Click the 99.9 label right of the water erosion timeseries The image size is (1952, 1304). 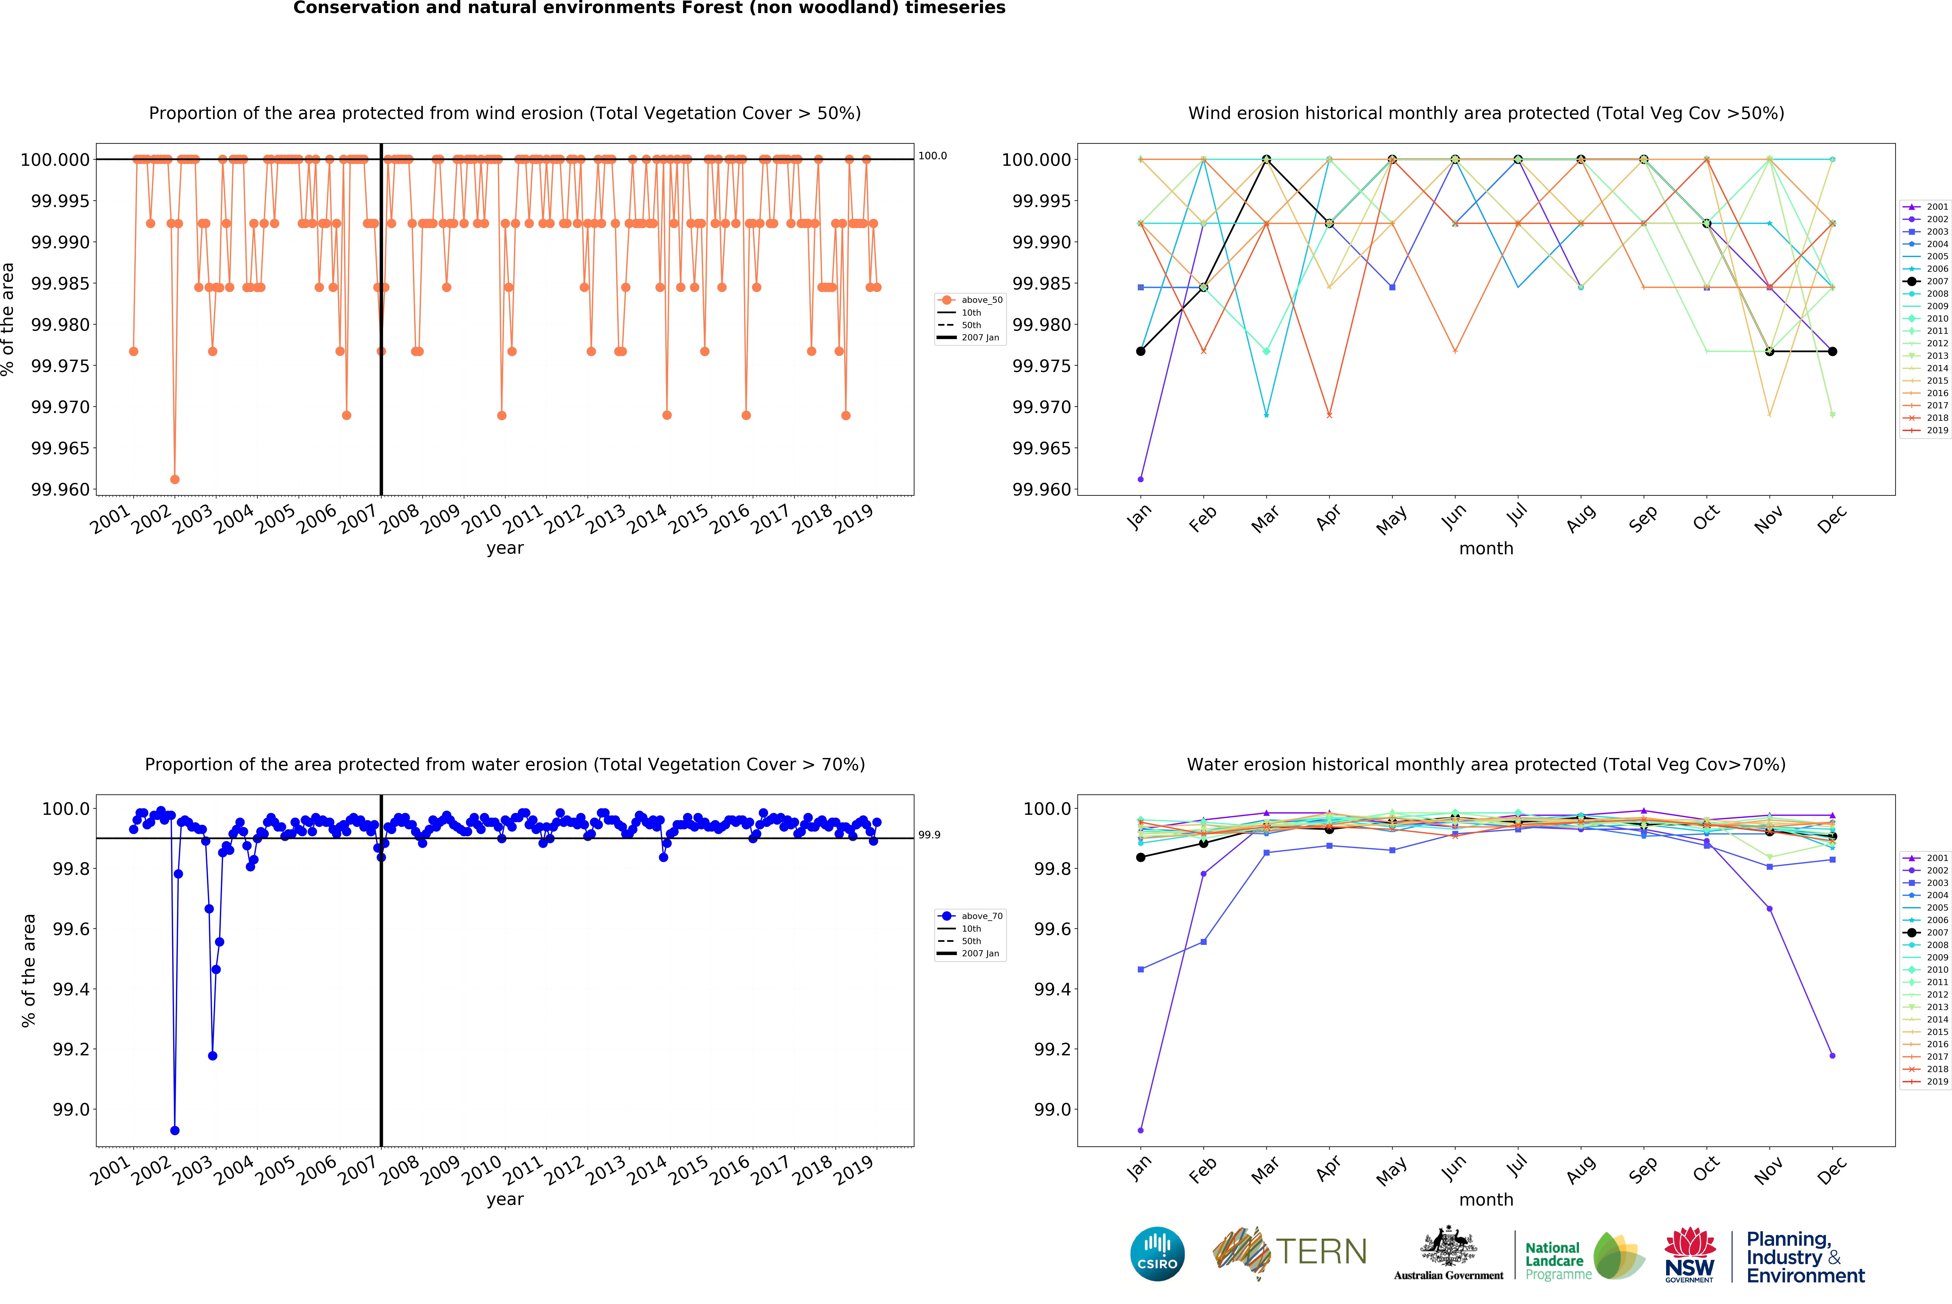929,835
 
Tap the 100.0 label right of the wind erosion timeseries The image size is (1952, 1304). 932,156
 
